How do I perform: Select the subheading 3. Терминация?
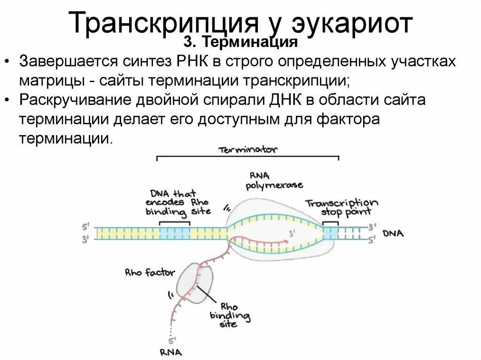[240, 43]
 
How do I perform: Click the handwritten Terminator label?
[248, 150]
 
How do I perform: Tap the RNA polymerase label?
[274, 180]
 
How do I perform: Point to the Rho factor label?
[150, 273]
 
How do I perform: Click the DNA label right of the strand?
[393, 234]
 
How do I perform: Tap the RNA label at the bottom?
[171, 352]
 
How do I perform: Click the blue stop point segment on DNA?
[330, 233]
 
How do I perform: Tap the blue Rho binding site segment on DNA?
[174, 233]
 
